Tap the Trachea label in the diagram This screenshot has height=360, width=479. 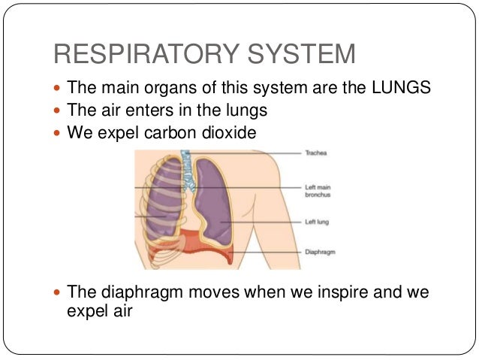click(315, 153)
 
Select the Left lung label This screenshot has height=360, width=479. click(316, 222)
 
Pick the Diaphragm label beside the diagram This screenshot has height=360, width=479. click(320, 253)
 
